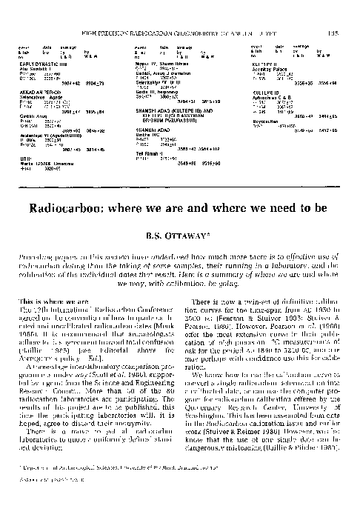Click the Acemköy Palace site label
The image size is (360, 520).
[x=269, y=71]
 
